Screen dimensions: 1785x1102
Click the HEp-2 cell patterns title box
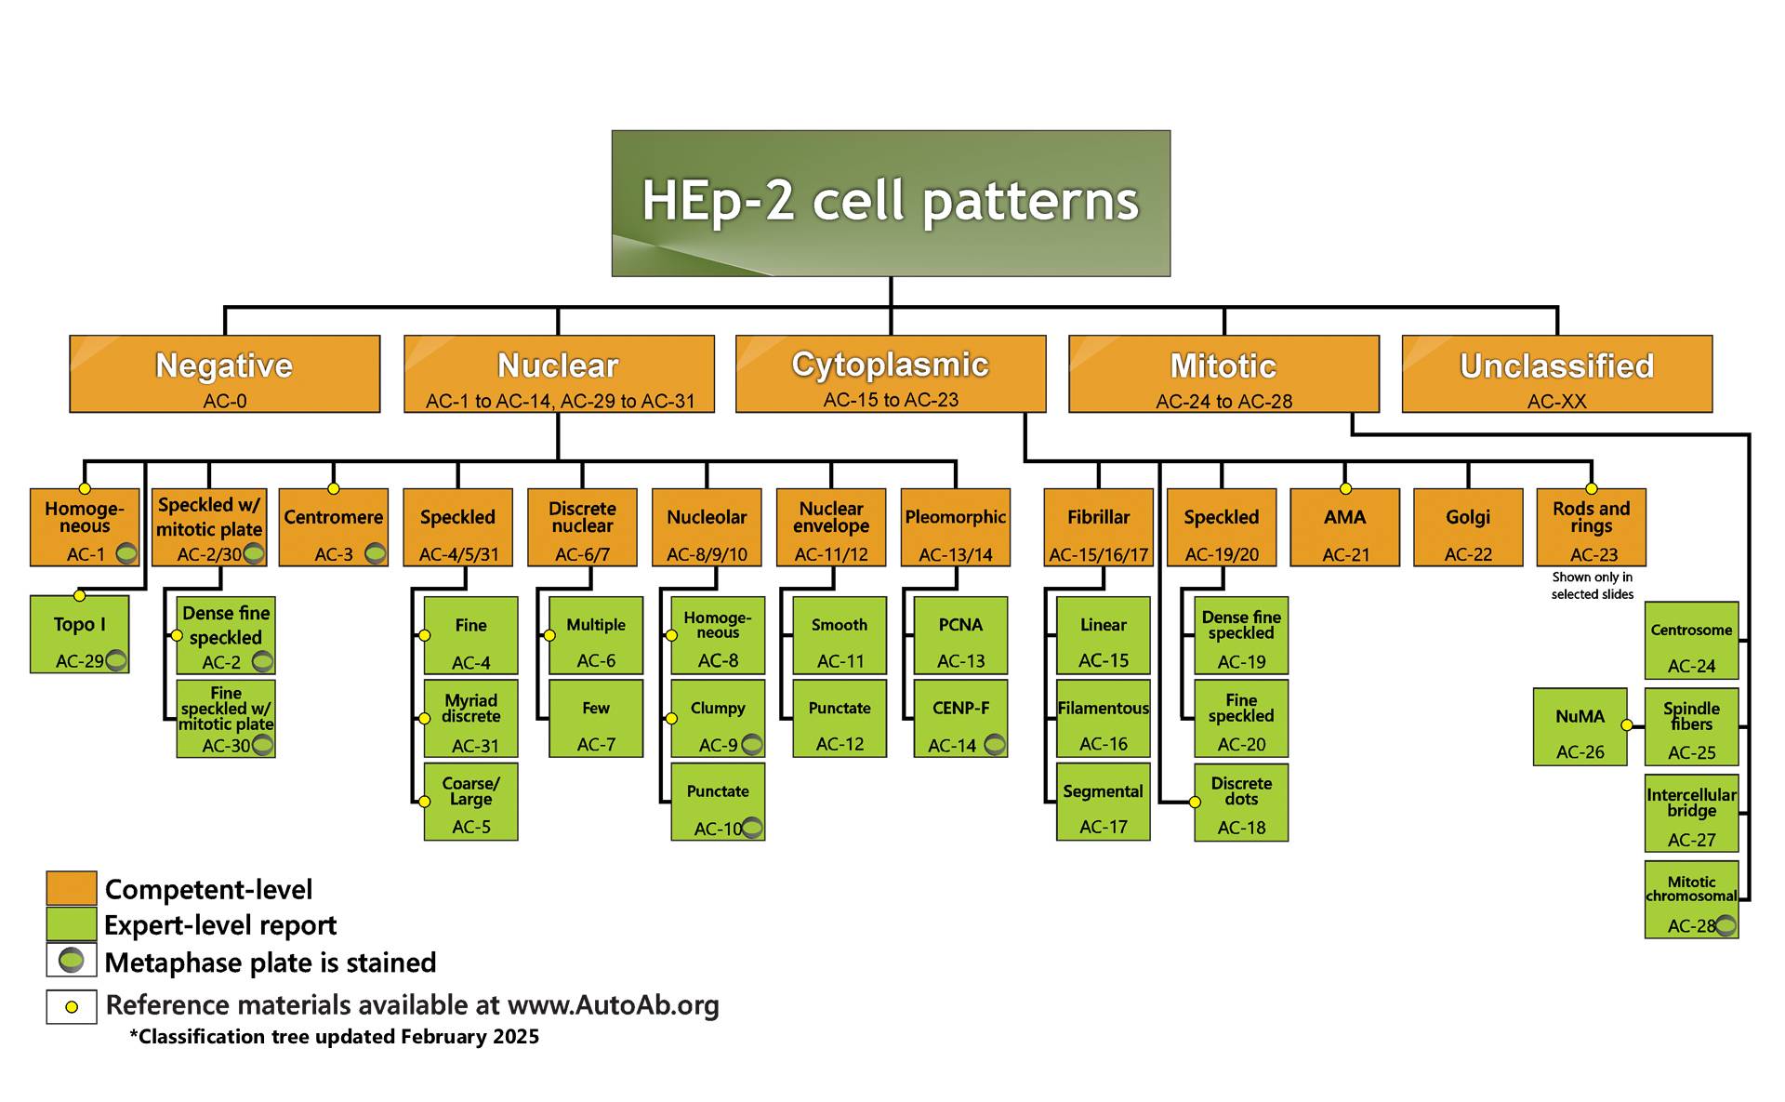891,203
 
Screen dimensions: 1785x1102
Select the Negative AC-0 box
225,374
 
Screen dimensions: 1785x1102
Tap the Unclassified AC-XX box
1557,374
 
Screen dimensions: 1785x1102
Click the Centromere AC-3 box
334,527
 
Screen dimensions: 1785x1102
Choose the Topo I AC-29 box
80,634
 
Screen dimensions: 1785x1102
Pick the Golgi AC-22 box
1468,527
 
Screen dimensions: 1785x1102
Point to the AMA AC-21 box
1345,527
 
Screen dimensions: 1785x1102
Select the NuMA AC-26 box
1580,726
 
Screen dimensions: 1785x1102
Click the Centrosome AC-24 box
1692,641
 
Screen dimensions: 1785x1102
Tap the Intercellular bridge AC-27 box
1692,814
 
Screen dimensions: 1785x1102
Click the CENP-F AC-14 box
961,719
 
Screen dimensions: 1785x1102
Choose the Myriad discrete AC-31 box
471,719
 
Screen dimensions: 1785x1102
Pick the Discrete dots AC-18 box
1241,803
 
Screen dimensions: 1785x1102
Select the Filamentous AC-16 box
1104,719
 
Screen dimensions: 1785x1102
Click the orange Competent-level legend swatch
72,888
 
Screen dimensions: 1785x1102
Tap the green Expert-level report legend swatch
72,924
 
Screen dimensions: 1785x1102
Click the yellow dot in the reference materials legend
72,1007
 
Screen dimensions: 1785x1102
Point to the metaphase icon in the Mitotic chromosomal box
1725,925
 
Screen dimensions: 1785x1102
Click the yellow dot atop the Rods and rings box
1592,488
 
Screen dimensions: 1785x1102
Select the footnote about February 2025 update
335,1037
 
